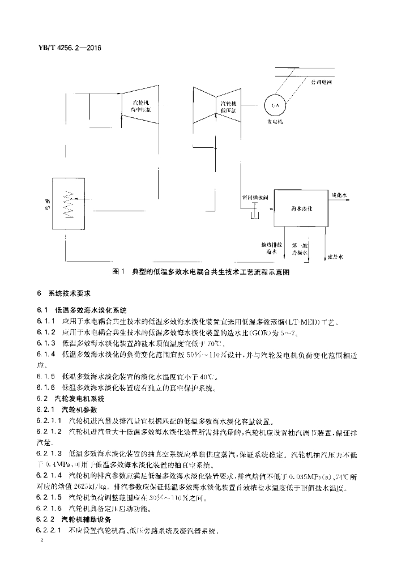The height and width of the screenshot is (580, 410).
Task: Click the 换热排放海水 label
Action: [269, 249]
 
